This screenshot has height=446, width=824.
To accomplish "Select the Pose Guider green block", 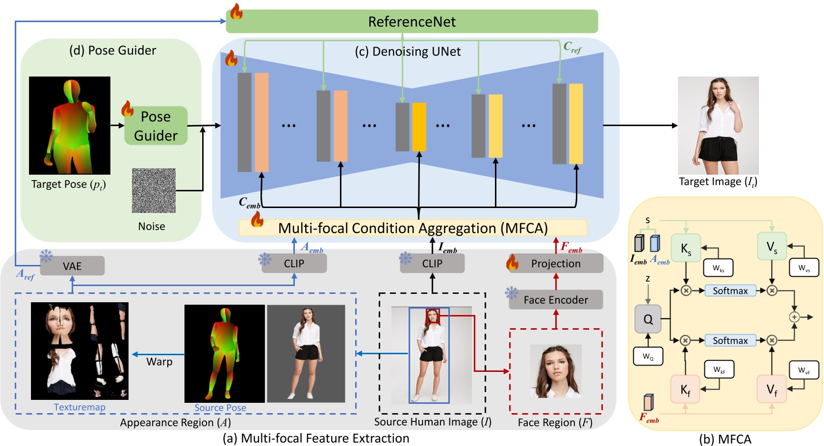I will click(155, 126).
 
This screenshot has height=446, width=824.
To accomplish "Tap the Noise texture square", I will click(154, 190).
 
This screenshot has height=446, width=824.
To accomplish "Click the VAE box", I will click(72, 266).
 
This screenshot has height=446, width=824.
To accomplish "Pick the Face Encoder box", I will click(555, 300).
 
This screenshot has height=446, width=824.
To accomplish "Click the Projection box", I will click(555, 263).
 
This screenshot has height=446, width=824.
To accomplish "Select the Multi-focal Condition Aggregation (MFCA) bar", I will click(412, 228).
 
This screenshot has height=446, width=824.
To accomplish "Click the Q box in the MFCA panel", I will click(647, 319).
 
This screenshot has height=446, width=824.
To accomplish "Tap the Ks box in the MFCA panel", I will click(686, 249).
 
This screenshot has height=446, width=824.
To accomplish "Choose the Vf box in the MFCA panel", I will click(772, 390).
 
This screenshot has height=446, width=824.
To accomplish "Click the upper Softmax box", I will click(730, 290).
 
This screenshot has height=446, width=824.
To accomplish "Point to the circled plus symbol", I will click(794, 317).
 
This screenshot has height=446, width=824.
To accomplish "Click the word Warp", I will click(159, 362).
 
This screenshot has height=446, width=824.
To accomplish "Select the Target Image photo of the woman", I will click(718, 125).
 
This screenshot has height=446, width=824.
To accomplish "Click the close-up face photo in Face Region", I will click(556, 371).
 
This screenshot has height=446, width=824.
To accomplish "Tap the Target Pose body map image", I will click(70, 125).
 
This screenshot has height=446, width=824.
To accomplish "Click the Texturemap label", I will click(79, 407).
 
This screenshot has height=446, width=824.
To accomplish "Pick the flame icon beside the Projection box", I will click(513, 262).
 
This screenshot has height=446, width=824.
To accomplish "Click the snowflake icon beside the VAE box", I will click(46, 256).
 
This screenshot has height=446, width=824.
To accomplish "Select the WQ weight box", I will click(648, 356).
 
